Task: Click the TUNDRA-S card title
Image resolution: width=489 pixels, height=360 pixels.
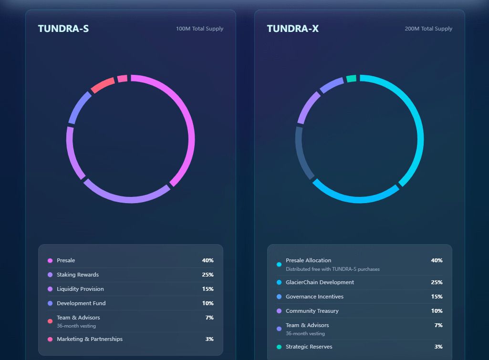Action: (63, 29)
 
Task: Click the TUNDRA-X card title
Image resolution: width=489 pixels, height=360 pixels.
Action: (293, 29)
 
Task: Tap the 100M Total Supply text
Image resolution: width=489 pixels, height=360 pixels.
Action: (199, 29)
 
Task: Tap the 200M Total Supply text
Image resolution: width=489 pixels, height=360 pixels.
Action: (428, 29)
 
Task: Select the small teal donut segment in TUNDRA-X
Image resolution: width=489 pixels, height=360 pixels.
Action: (351, 79)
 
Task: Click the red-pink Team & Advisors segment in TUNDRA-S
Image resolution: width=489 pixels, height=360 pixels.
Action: (103, 85)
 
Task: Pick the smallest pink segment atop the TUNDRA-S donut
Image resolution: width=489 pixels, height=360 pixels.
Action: (122, 79)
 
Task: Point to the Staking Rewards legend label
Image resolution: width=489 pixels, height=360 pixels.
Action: (78, 275)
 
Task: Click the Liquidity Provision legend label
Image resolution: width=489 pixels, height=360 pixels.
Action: (80, 289)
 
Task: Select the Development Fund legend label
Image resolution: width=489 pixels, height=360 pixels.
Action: (81, 303)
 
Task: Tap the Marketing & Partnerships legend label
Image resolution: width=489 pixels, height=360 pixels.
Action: (90, 339)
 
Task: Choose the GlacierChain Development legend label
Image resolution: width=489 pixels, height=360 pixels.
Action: (320, 282)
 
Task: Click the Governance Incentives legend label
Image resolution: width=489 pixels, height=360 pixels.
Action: (314, 297)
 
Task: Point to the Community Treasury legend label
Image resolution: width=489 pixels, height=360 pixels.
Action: (312, 311)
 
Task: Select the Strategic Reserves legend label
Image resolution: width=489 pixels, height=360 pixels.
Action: (309, 347)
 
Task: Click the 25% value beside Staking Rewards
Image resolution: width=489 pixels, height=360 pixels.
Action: (208, 275)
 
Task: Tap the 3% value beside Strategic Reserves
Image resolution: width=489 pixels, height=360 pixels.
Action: (438, 347)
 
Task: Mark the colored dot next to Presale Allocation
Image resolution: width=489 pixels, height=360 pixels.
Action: (279, 264)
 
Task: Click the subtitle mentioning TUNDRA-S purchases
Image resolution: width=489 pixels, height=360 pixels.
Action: (333, 269)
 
